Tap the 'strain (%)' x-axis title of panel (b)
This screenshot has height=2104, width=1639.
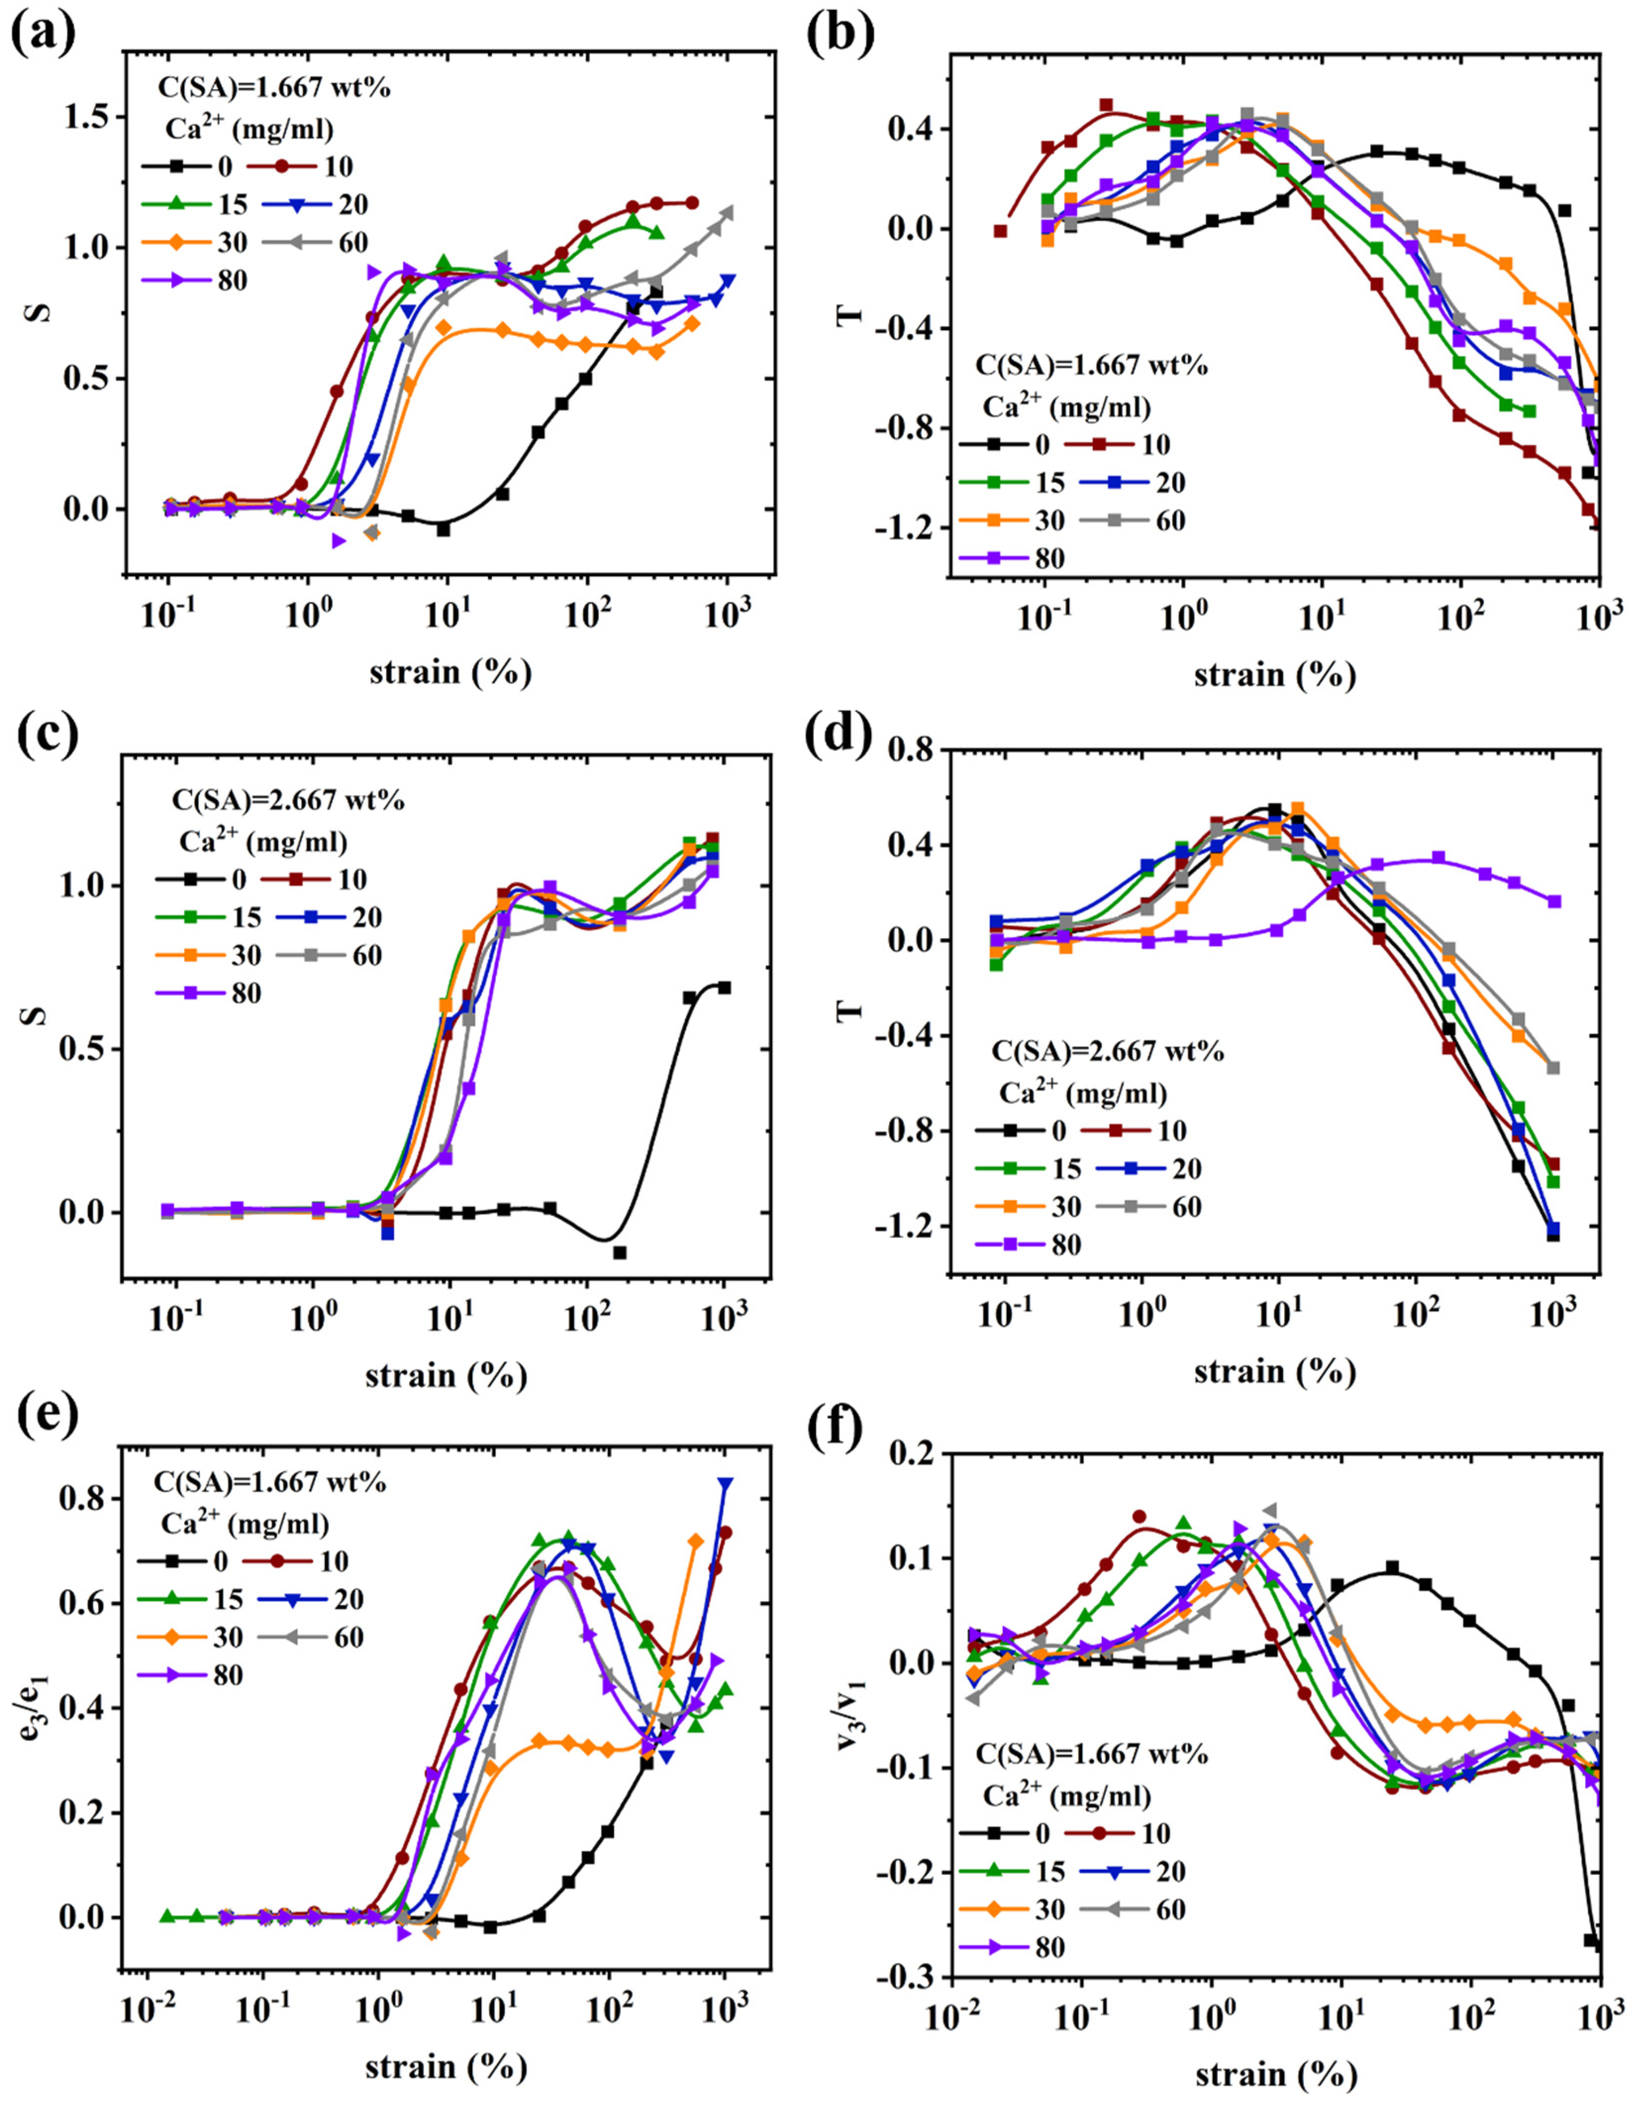point(1274,674)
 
